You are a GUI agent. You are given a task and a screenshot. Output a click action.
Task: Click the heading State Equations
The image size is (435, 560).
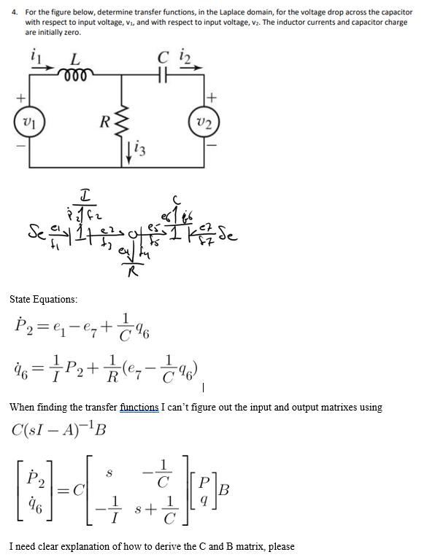click(44, 300)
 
